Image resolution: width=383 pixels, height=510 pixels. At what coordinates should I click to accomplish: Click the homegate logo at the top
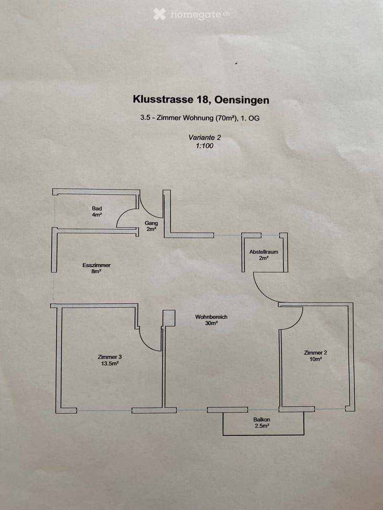[191, 15]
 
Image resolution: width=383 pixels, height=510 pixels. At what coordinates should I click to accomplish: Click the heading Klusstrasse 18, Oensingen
[201, 100]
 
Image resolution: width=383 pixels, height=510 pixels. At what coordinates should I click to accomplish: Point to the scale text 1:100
[204, 146]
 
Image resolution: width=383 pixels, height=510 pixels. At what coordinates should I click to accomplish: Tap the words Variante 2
[204, 137]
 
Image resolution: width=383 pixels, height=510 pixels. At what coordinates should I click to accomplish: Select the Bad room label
[97, 209]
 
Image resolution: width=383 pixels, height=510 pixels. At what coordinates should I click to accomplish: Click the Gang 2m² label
[151, 226]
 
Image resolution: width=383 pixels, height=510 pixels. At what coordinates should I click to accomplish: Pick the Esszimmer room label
[96, 265]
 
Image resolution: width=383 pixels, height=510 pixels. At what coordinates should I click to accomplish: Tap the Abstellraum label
[264, 252]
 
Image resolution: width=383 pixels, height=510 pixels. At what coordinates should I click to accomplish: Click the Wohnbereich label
[211, 317]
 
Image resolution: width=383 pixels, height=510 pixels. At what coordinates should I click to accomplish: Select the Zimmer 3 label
[110, 357]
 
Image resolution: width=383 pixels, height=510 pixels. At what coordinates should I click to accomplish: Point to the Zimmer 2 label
[315, 353]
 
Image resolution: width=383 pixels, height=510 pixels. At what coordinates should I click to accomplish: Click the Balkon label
[261, 420]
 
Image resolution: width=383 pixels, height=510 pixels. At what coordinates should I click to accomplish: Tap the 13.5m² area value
[110, 364]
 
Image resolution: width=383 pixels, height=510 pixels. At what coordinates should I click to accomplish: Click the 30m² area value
[211, 323]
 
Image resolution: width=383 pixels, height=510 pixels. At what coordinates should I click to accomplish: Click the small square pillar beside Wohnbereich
[169, 318]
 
